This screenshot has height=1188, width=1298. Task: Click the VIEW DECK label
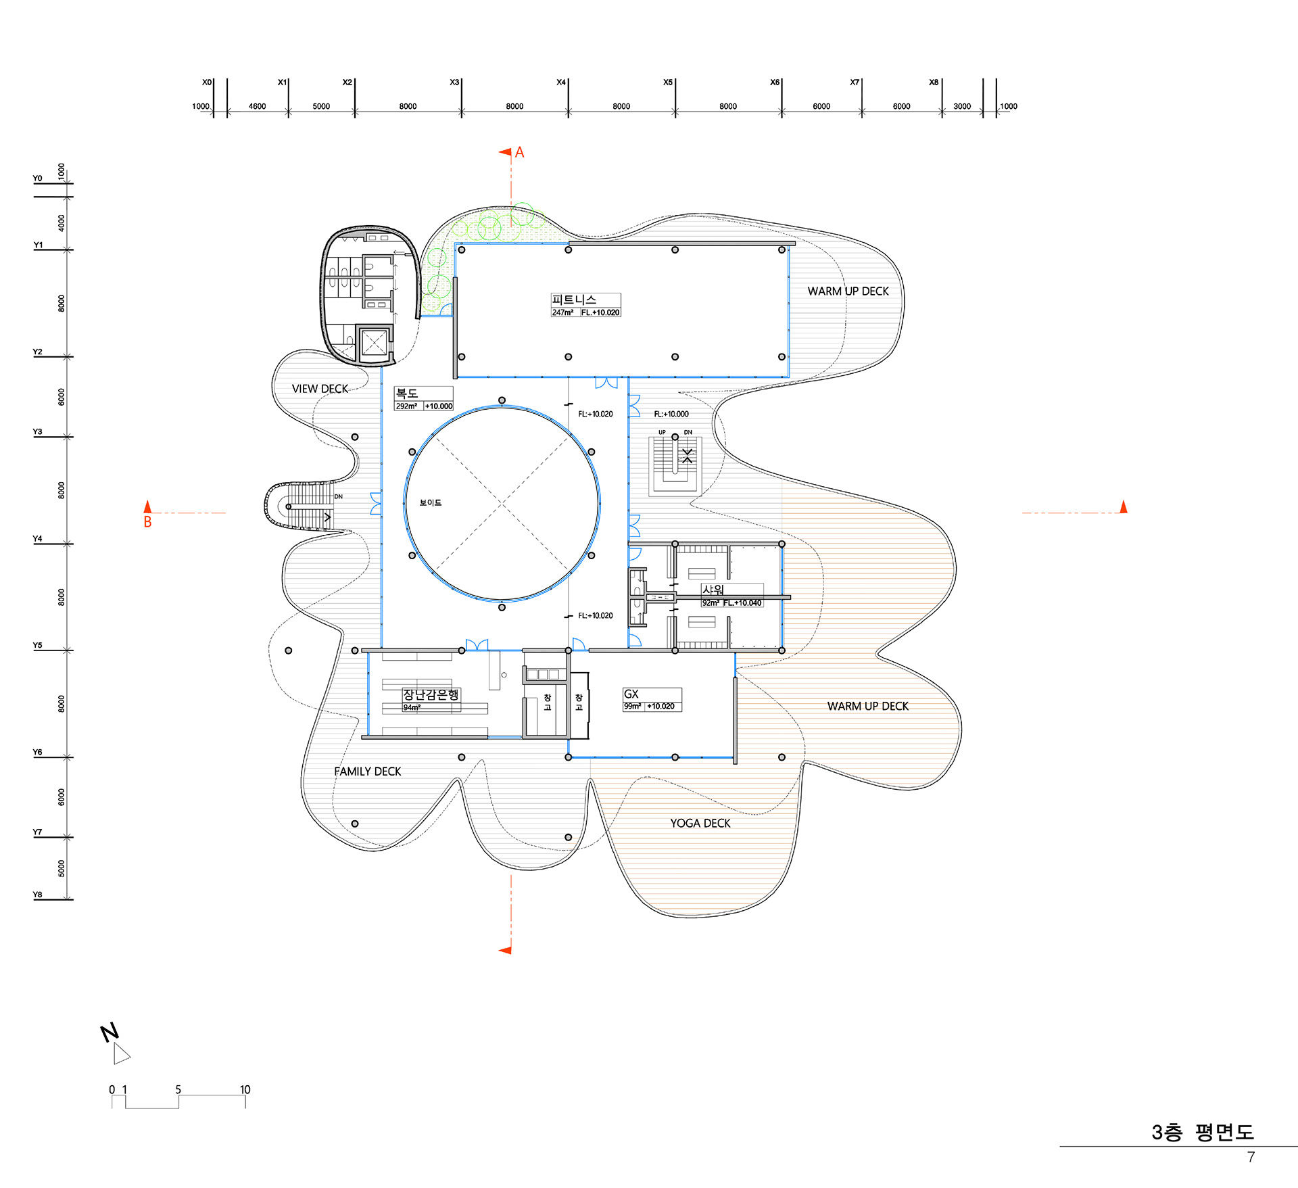click(x=320, y=389)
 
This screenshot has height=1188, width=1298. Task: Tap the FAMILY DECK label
click(x=367, y=771)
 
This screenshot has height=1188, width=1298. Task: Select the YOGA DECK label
click(x=700, y=824)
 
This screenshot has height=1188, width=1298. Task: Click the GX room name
click(x=631, y=694)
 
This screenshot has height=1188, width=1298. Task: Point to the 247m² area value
click(x=562, y=312)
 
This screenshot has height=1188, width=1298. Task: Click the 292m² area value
click(x=406, y=406)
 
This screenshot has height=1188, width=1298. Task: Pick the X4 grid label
click(x=561, y=82)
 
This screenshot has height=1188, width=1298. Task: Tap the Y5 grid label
click(x=38, y=646)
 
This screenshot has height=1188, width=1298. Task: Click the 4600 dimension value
click(x=258, y=106)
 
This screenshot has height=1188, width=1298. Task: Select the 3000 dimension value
click(x=962, y=106)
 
